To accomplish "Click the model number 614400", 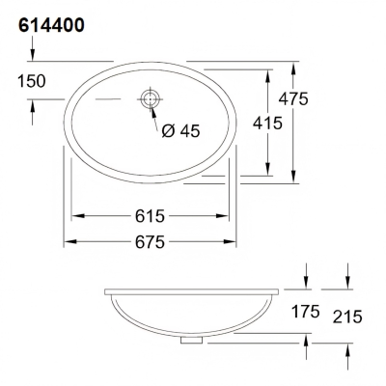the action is click(x=51, y=25).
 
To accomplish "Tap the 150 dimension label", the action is click(x=32, y=81).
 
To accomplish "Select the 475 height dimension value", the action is click(x=293, y=98).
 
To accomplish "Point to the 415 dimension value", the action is click(x=267, y=123).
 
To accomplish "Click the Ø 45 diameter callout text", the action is click(x=180, y=131).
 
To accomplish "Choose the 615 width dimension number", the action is click(x=150, y=216).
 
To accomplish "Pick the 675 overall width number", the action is click(x=150, y=242).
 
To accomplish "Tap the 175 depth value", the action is click(x=306, y=312).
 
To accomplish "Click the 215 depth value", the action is click(x=347, y=317).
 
